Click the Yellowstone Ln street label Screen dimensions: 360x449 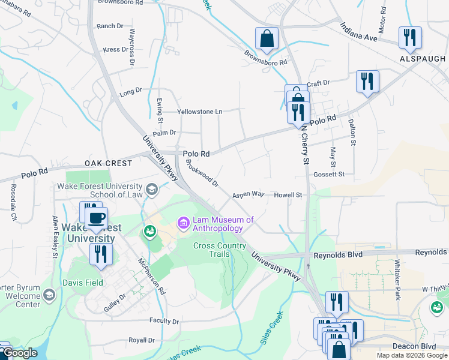pyautogui.click(x=199, y=112)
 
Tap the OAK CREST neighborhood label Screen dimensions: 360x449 pyautogui.click(x=108, y=163)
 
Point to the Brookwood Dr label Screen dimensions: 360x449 pyautogui.click(x=202, y=173)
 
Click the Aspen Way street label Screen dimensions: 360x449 pyautogui.click(x=249, y=194)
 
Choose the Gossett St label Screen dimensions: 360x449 pyautogui.click(x=329, y=174)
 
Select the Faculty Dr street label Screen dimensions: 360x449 pyautogui.click(x=164, y=321)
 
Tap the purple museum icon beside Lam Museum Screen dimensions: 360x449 pyautogui.click(x=184, y=224)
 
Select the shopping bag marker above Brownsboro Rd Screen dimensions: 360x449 pyautogui.click(x=267, y=39)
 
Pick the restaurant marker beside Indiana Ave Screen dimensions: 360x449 pyautogui.click(x=410, y=37)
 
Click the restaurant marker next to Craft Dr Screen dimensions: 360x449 pyautogui.click(x=367, y=81)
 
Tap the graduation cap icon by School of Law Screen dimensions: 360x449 pyautogui.click(x=151, y=190)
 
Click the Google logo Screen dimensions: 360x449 pyautogui.click(x=20, y=353)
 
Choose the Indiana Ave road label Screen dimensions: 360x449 pyautogui.click(x=358, y=32)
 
